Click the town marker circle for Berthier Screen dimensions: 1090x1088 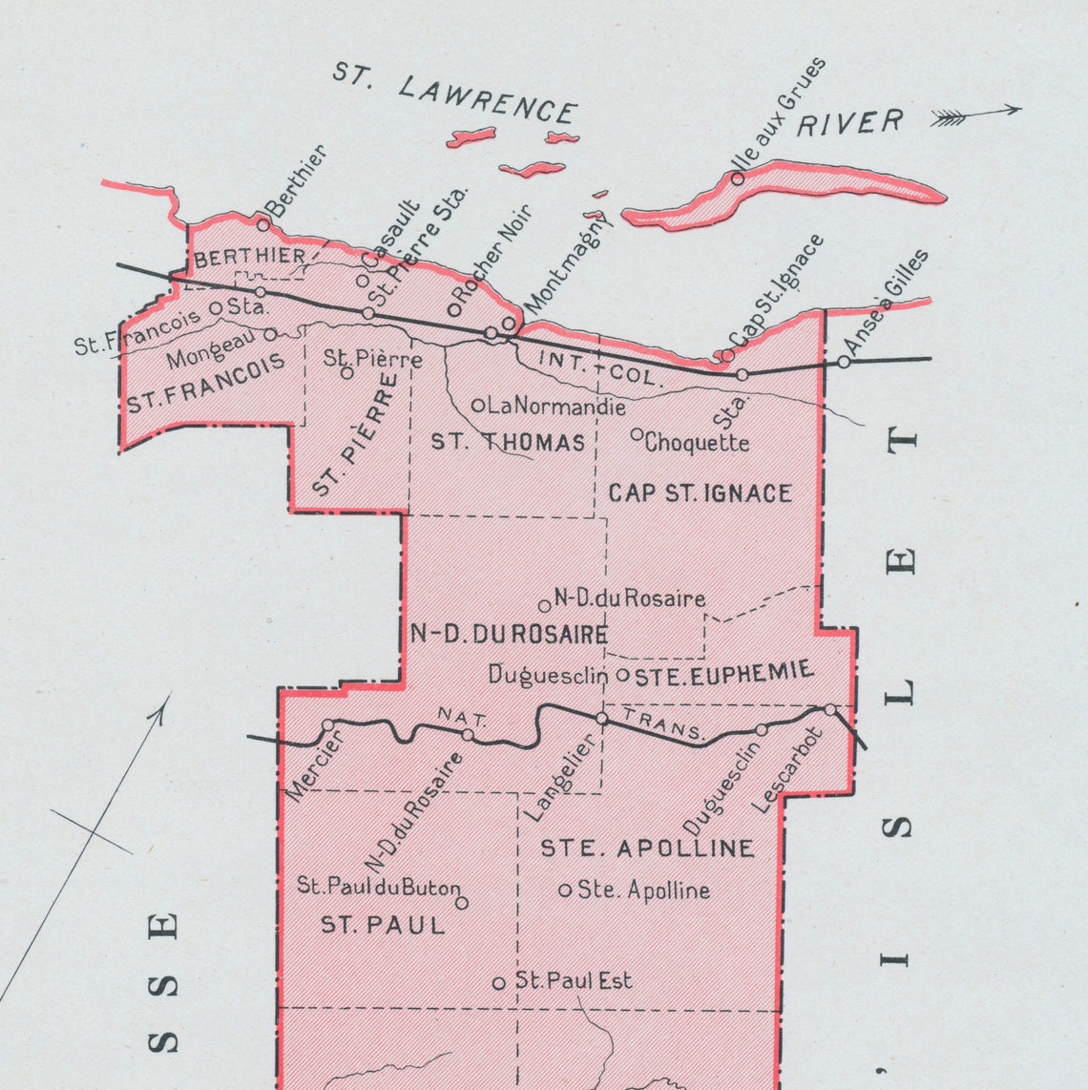pos(263,224)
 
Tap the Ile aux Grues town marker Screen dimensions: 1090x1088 pos(737,178)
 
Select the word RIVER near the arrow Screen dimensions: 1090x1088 pos(850,123)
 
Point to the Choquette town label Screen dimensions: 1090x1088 pos(697,443)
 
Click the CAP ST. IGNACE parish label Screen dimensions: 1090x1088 pos(700,493)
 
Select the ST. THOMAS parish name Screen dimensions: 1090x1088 pos(508,442)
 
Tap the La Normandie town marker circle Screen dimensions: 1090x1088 pos(478,406)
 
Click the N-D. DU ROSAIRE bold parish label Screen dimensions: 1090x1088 pos(509,635)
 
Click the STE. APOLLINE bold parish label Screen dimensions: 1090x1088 pos(647,849)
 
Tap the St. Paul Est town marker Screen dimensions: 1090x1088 pos(498,983)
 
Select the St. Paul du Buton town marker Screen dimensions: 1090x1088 pos(462,903)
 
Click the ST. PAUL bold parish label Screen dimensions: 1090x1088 pos(383,925)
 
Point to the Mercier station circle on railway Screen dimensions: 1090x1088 pos(328,725)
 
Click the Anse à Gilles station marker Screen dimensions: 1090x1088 pos(844,362)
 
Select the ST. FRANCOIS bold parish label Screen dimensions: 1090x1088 pos(206,383)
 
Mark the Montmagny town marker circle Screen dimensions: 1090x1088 pos(509,324)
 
